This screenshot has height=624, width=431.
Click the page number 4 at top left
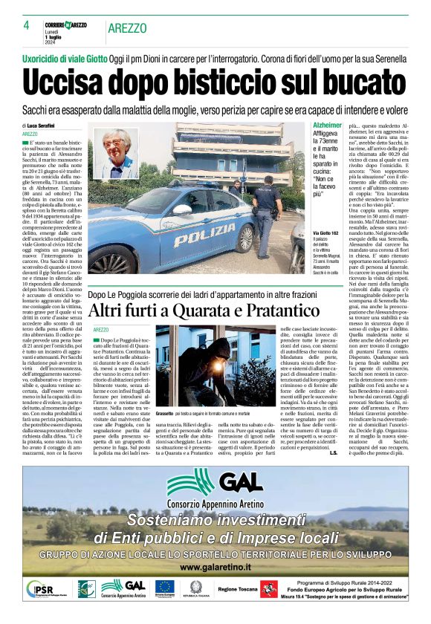25,25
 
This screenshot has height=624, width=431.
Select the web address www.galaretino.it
215,566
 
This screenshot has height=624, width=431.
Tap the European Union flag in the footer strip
164,588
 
